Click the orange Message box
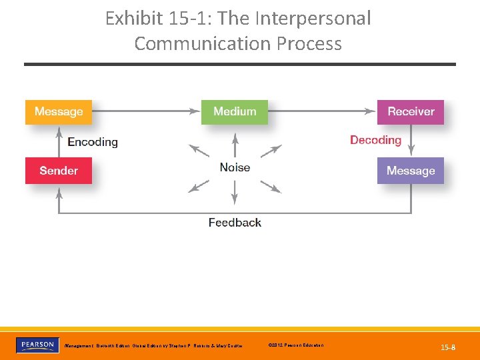point(59,112)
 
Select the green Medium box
point(235,112)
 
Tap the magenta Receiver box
point(411,112)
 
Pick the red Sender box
point(59,171)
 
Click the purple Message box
point(411,171)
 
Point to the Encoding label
point(93,141)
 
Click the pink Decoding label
point(375,140)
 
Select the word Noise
point(235,167)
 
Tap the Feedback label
point(235,222)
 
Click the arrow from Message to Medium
point(147,111)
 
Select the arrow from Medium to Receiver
point(323,111)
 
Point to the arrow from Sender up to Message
point(59,141)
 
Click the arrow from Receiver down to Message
point(411,141)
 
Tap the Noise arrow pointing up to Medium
point(235,145)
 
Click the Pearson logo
point(36,345)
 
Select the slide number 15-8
point(448,347)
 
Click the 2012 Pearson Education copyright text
point(295,345)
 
